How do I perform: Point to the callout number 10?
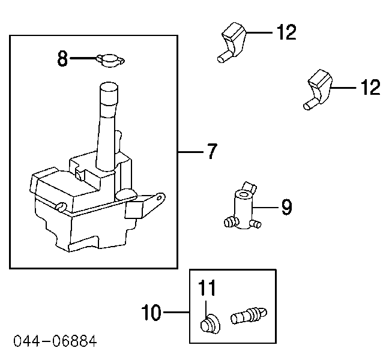(x=152, y=313)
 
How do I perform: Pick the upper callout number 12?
(x=286, y=32)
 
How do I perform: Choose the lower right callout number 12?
(x=370, y=88)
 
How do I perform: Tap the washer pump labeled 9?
(x=243, y=211)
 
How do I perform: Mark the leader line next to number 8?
(x=83, y=58)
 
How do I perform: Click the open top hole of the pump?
(x=243, y=196)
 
